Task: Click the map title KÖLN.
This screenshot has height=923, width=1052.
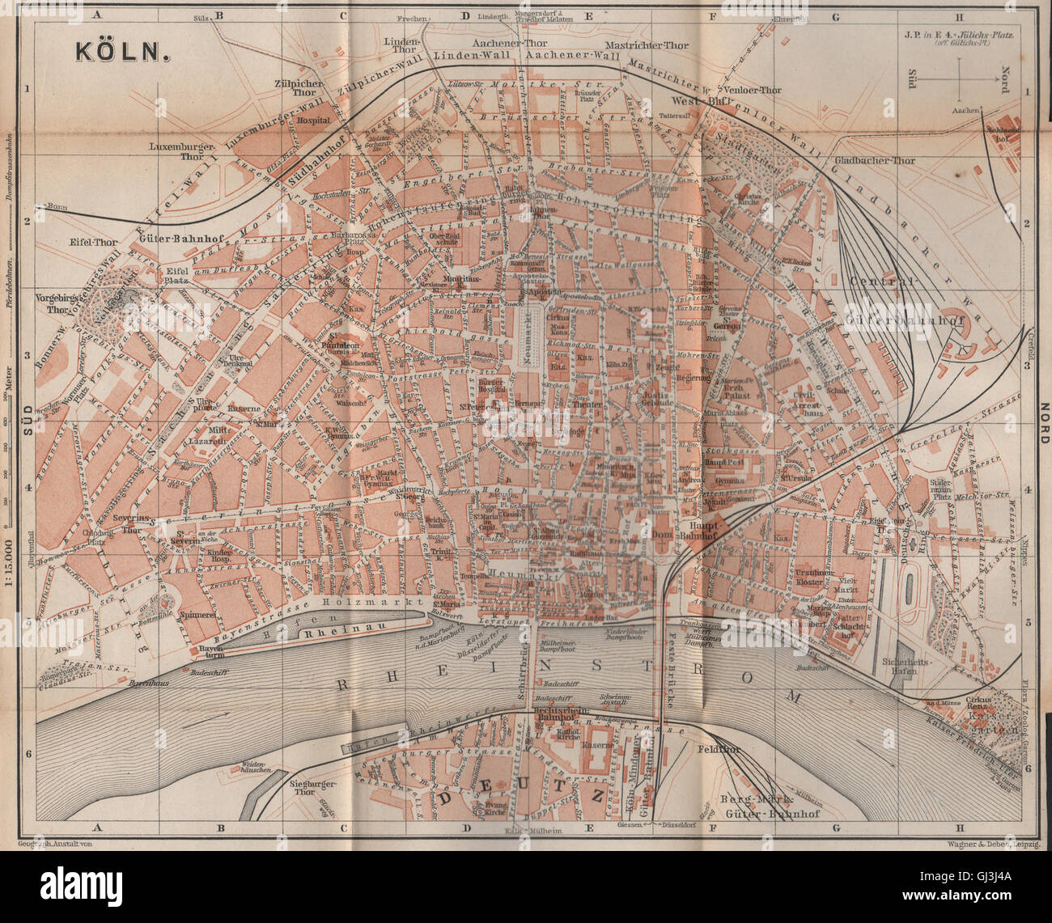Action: coord(121,50)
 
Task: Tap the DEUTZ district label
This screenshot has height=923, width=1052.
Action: coord(523,795)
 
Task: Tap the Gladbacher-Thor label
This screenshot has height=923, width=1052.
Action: coord(873,160)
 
